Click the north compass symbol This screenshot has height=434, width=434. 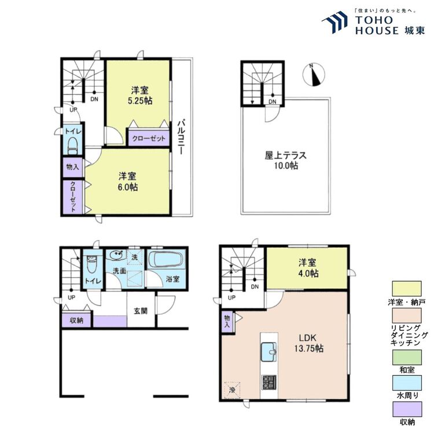314,75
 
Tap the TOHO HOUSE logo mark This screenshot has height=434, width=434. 335,22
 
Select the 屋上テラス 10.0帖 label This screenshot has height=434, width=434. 286,160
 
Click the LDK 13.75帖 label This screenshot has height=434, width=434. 308,343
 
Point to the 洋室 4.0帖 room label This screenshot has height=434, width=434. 308,268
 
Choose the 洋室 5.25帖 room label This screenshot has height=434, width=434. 140,95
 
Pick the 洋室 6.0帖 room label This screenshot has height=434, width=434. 128,182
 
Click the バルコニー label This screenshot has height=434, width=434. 181,137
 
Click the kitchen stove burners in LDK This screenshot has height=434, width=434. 269,382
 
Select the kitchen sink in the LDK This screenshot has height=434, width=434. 269,351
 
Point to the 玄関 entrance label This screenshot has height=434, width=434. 141,311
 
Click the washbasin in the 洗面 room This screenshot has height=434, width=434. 116,255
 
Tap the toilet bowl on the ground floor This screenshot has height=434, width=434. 91,264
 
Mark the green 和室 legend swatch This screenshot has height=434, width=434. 407,357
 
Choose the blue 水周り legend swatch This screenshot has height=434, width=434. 407,383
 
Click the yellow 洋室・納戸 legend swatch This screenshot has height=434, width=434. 407,288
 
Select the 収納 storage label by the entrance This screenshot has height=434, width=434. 76,321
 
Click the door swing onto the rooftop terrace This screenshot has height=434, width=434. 273,115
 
